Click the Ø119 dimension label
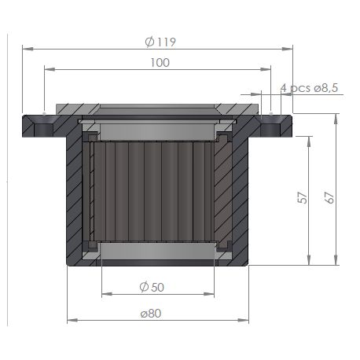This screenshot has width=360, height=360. point(160,42)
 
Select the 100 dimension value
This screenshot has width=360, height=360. point(160,63)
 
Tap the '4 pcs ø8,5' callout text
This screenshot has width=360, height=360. point(309,88)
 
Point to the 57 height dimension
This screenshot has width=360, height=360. point(303,198)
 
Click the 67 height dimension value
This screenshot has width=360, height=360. point(329,197)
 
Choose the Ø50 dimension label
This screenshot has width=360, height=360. point(152,287)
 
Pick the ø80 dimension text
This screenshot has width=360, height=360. point(151,314)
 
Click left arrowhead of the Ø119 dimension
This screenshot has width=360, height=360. point(28,49)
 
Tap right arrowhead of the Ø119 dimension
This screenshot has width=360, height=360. point(287,49)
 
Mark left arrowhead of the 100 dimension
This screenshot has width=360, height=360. point(50,69)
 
